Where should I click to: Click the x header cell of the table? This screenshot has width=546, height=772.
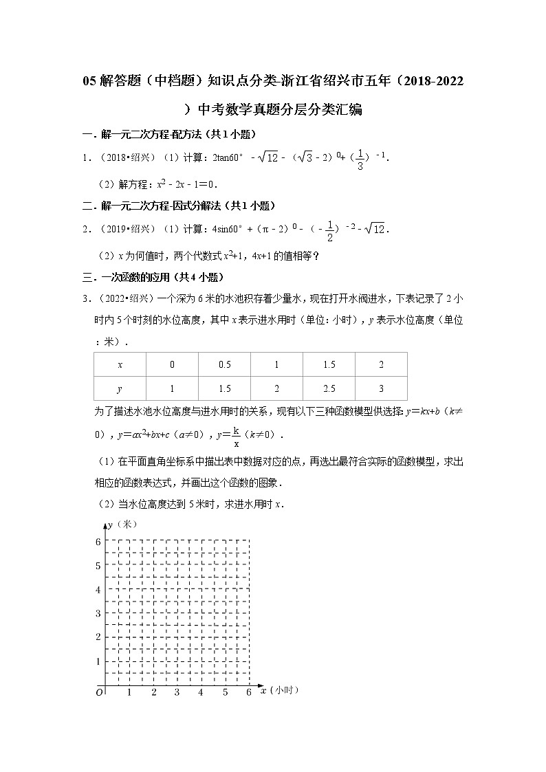coord(120,364)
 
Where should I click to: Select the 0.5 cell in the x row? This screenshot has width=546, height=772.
coord(224,364)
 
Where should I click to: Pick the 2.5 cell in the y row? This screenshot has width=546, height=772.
coord(329,388)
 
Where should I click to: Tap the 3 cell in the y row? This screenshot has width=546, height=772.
coord(381,388)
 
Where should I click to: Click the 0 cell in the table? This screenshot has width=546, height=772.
coord(172,364)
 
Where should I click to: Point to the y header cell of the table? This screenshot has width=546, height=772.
coord(120,388)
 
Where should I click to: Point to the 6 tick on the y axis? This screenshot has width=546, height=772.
coord(98,542)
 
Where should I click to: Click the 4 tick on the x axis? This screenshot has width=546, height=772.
coord(201,692)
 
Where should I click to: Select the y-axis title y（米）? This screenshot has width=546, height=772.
coord(118,525)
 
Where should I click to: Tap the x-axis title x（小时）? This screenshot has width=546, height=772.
coord(279,690)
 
